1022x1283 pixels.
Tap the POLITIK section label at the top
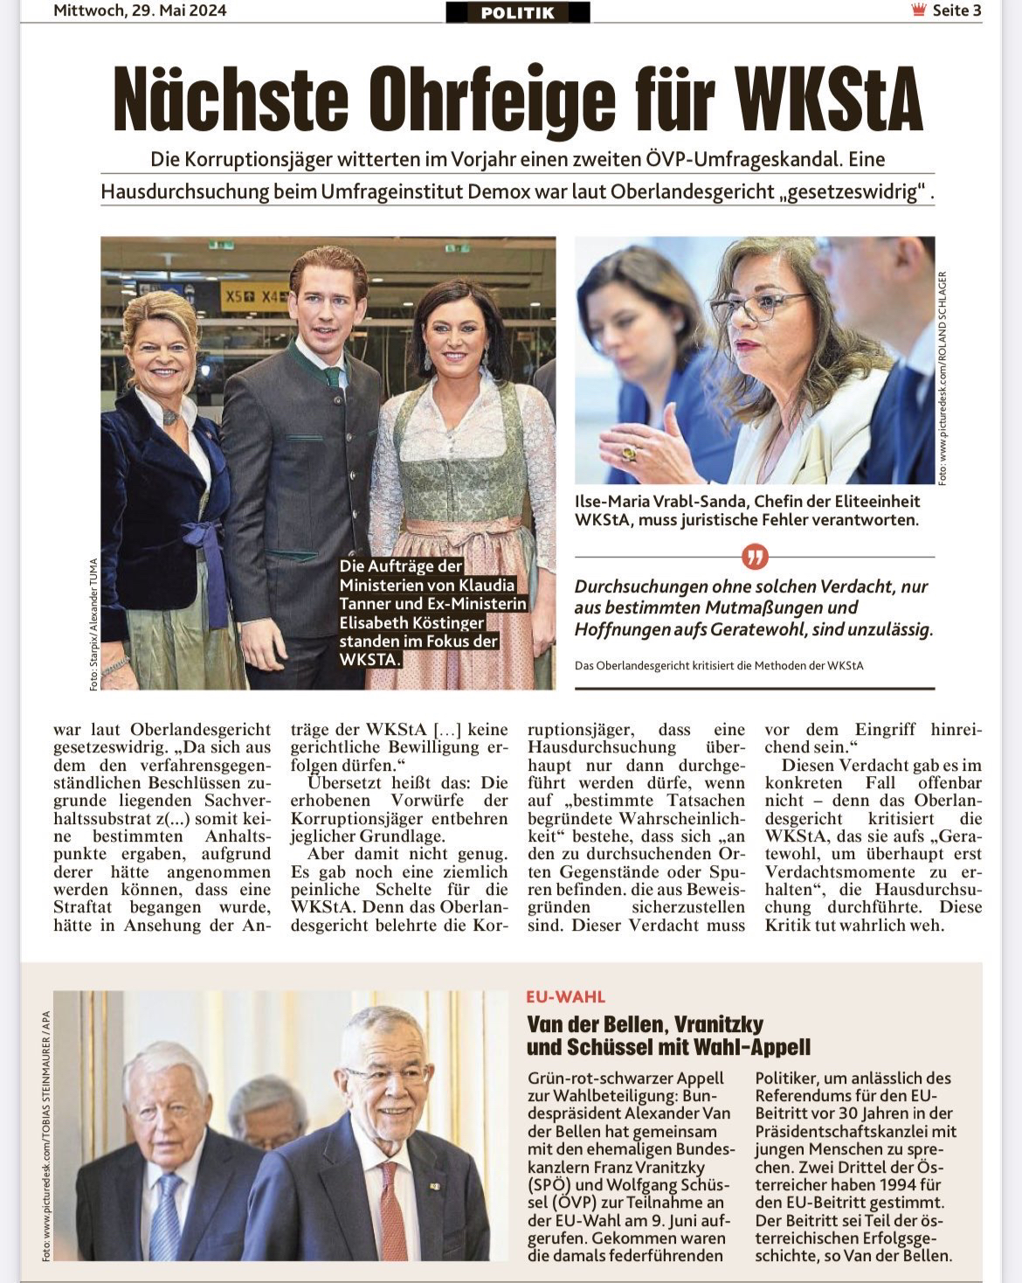pyautogui.click(x=517, y=13)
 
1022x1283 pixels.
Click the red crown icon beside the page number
pyautogui.click(x=918, y=11)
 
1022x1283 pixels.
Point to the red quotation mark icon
pyautogui.click(x=754, y=556)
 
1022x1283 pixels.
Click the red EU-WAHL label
pyautogui.click(x=565, y=996)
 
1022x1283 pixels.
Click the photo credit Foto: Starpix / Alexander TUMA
pyautogui.click(x=93, y=625)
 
